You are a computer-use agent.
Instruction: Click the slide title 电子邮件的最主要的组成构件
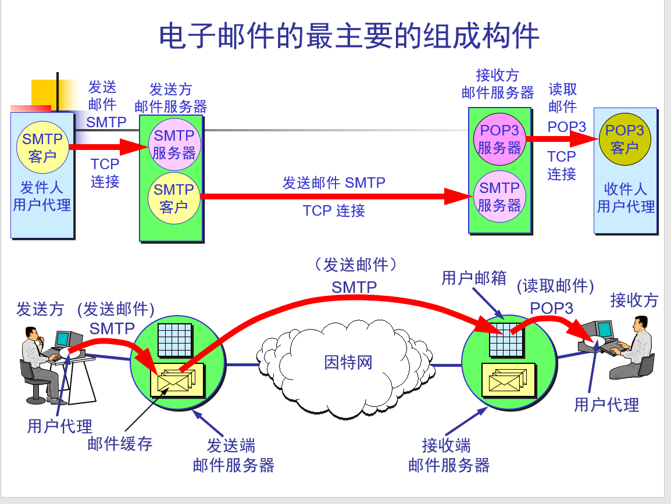pos(349,36)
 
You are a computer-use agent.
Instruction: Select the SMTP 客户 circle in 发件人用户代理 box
pos(42,148)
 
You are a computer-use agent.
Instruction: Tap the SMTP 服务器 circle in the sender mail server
pos(174,144)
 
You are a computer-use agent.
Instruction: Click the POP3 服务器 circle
pos(499,140)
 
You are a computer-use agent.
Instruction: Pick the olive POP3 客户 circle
pos(625,139)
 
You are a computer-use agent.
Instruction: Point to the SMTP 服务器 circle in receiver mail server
pos(499,196)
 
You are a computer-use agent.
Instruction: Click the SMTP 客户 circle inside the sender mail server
pos(173,198)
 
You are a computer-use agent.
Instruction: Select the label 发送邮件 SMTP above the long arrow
pos(334,183)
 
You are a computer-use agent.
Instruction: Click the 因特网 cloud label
pos(348,362)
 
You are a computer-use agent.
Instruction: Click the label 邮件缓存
pos(120,444)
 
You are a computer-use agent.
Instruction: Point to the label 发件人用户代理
pos(42,196)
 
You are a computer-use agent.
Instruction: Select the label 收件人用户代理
pos(626,198)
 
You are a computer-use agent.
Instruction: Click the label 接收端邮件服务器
pos(448,455)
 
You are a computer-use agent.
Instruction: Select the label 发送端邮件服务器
pos(233,455)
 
